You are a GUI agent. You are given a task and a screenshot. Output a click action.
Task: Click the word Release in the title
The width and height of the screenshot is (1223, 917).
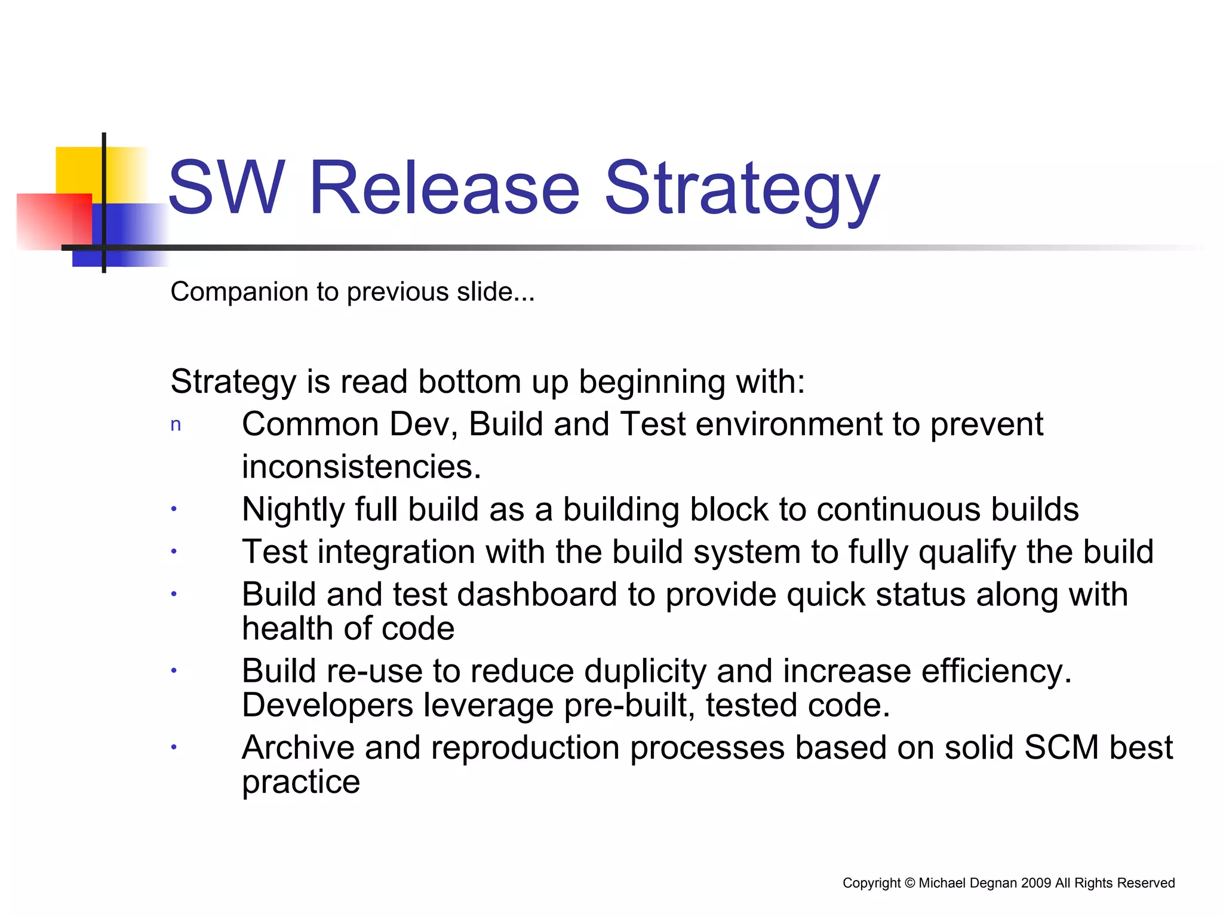pos(444,187)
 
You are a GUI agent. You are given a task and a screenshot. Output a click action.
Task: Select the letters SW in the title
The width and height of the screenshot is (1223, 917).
pos(226,187)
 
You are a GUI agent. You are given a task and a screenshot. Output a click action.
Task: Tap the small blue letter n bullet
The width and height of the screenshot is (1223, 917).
pos(176,425)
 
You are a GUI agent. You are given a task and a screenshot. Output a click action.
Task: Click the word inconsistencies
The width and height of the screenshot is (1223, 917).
pos(361,467)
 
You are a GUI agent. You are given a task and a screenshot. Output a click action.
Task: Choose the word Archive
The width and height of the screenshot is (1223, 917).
pos(298,747)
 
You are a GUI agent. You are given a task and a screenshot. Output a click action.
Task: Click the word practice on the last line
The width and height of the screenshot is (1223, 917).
pos(301,783)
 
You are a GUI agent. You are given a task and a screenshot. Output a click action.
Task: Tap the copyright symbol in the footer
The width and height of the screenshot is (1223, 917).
pos(909,883)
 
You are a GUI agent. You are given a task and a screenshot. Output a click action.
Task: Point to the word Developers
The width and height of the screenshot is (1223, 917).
pos(327,706)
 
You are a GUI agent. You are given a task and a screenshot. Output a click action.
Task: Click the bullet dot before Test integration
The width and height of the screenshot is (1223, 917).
pos(174,552)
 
